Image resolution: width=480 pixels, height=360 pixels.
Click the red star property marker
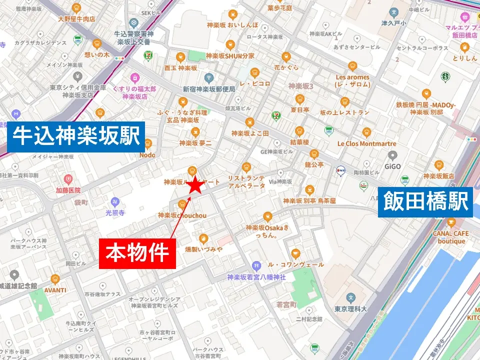pyautogui.click(x=195, y=186)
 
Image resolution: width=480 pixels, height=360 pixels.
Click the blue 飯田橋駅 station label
pyautogui.click(x=426, y=202)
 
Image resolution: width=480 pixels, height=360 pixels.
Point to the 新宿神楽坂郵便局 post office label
pyautogui.click(x=208, y=89)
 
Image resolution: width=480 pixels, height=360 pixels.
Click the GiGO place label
pyautogui.click(x=393, y=166)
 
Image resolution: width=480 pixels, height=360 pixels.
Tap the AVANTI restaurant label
pyautogui.click(x=55, y=289)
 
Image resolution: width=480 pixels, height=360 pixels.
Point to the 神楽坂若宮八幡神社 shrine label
pyautogui.click(x=256, y=276)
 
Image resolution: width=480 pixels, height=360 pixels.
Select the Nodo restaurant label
pyautogui.click(x=147, y=155)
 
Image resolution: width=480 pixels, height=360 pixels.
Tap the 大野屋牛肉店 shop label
pyautogui.click(x=76, y=19)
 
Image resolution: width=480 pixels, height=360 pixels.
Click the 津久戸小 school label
pyautogui.click(x=394, y=23)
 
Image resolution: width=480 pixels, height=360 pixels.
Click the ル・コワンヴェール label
pyautogui.click(x=295, y=264)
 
